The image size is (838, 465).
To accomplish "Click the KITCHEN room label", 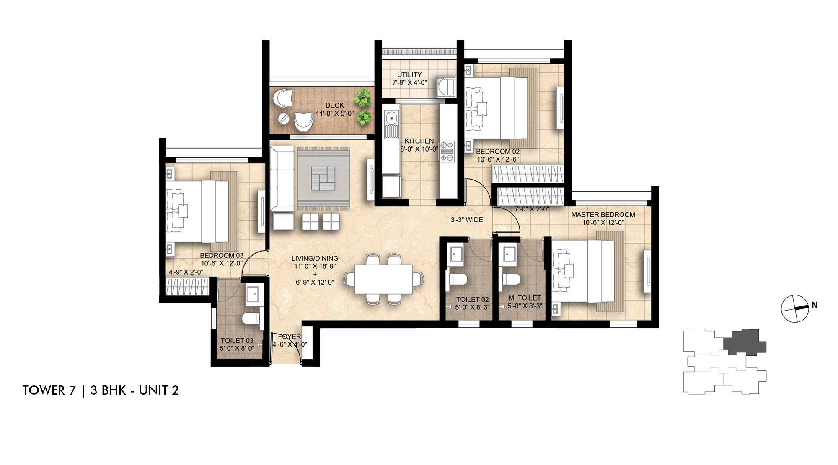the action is [x=419, y=141].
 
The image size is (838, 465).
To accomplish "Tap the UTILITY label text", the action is [x=409, y=75].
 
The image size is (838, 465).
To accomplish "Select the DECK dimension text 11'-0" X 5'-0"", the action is [x=335, y=113].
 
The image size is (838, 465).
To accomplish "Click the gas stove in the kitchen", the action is [x=447, y=151].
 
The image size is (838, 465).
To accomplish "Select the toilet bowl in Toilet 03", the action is [x=251, y=318].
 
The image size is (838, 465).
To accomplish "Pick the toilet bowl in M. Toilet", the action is [x=511, y=280].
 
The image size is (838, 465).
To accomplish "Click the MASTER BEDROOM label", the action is [x=603, y=215].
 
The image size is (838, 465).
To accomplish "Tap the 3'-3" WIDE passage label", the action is [x=467, y=220].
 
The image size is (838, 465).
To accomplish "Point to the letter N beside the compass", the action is [x=815, y=306].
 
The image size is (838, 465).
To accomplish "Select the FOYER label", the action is [x=290, y=337].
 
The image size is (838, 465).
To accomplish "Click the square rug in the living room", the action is [x=323, y=178].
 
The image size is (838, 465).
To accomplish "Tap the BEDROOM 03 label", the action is [x=222, y=255].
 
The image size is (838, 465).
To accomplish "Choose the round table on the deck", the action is [x=283, y=118].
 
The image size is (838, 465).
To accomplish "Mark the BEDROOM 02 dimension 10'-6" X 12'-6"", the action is [x=498, y=159].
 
